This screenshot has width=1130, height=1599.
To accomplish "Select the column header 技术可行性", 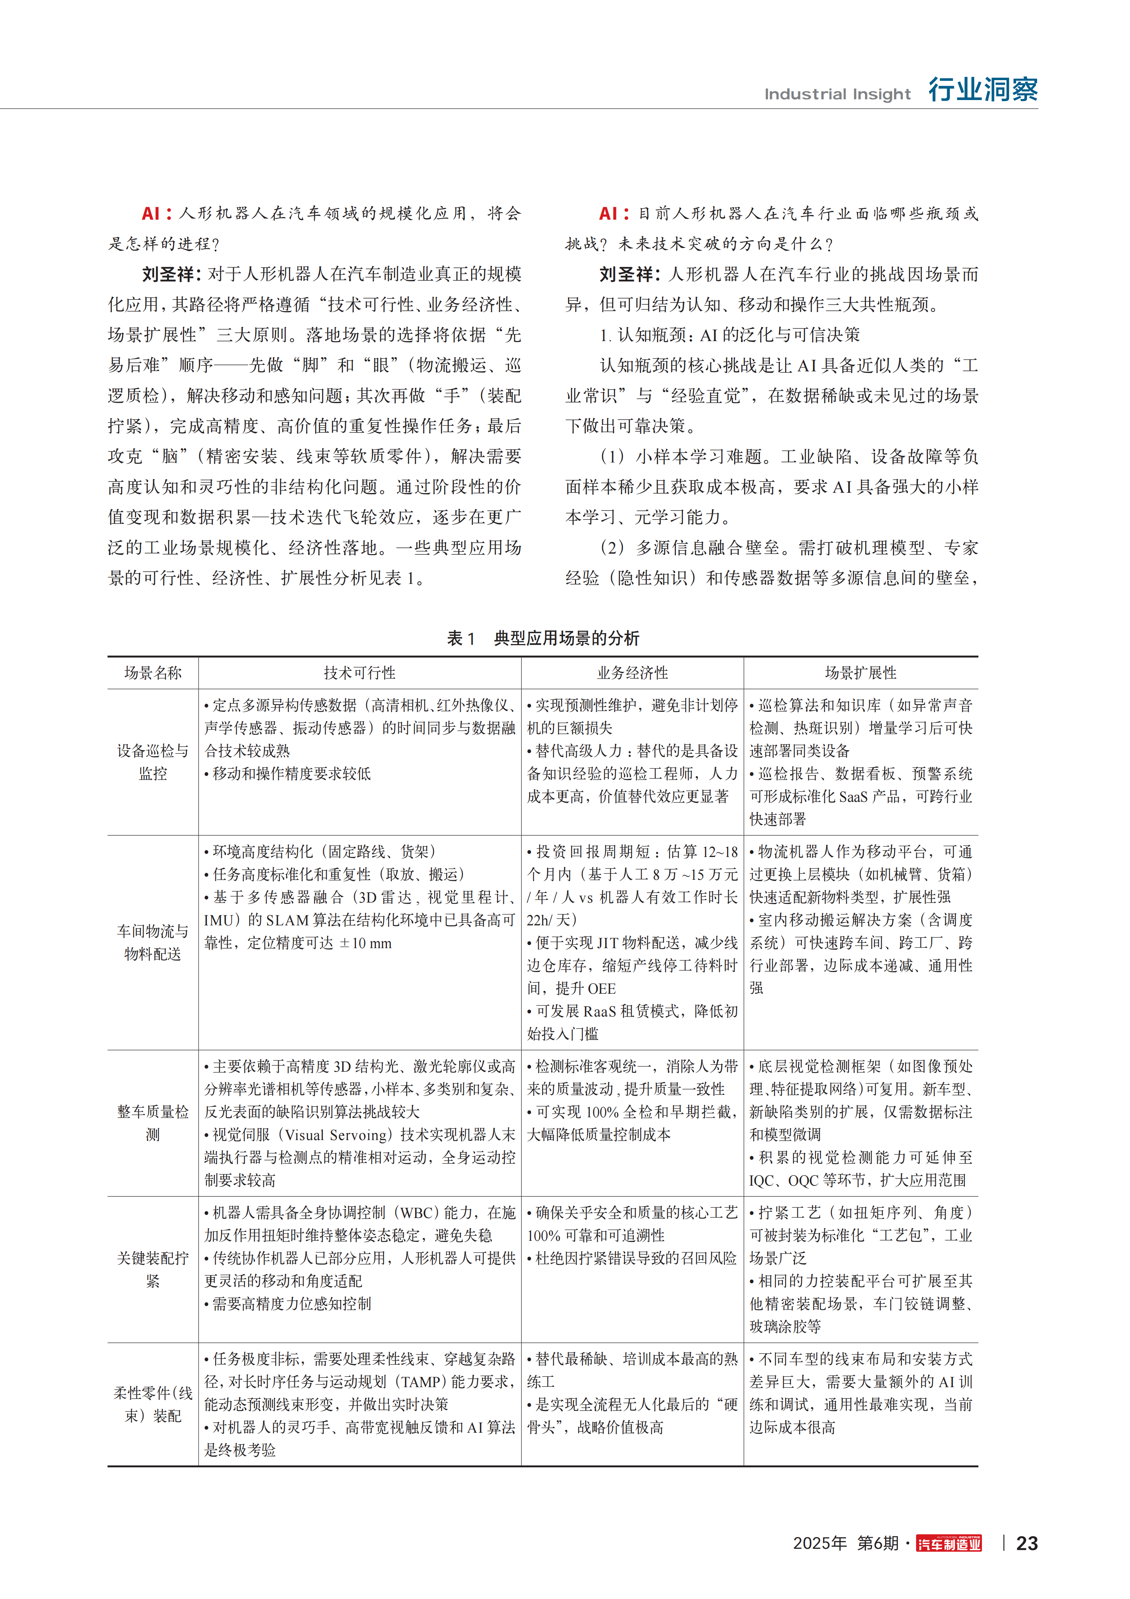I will click(x=359, y=673).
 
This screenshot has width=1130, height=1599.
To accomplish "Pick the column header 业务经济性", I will click(x=632, y=673).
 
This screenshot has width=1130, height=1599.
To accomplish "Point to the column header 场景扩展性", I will click(x=861, y=673).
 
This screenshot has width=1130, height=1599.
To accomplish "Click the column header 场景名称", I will click(x=152, y=673).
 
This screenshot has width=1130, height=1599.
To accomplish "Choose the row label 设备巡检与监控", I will click(x=152, y=762).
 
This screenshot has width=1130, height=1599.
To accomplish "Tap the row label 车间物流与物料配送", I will click(x=152, y=942).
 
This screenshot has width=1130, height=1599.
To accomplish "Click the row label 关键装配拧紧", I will click(x=152, y=1269).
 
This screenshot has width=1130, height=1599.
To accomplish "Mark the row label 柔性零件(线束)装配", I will click(x=152, y=1404).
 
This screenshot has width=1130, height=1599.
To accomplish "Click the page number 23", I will click(x=1027, y=1543).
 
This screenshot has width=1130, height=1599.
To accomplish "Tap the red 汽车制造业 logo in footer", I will click(x=949, y=1543).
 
